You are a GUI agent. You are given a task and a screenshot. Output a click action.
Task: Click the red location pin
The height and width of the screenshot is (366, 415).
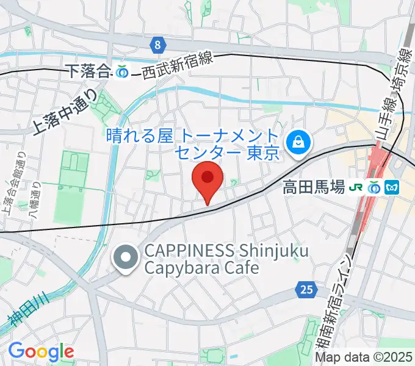[x=208, y=179]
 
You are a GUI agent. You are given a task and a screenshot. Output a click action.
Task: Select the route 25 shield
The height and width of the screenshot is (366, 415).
[x=307, y=289]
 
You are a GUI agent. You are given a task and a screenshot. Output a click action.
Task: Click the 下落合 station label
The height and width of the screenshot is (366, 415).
[x=88, y=71]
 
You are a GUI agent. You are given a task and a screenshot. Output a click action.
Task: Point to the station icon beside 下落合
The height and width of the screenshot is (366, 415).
[x=122, y=71]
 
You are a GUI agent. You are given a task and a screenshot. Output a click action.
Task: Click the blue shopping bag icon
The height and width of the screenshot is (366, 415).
[x=299, y=142]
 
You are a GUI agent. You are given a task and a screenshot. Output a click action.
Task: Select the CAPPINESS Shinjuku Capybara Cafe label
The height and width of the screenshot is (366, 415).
[x=225, y=259]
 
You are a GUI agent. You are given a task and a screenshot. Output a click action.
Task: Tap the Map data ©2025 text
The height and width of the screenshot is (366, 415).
[x=363, y=357]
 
